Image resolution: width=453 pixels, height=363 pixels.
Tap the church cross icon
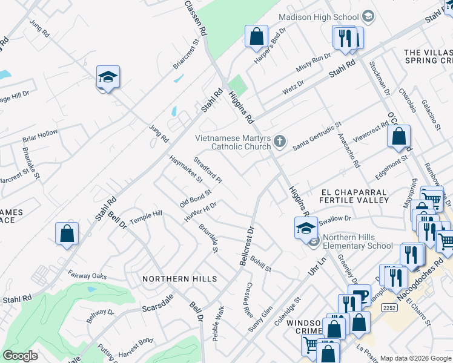pyautogui.click(x=279, y=142)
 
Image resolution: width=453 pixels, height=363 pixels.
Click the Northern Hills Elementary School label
pyautogui.click(x=357, y=241)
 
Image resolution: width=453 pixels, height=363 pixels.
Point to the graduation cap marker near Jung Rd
pyautogui.click(x=108, y=77)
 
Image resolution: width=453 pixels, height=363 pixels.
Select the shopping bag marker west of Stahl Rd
pyautogui.click(x=67, y=234)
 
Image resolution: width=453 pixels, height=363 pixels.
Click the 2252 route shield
pyautogui.click(x=389, y=308)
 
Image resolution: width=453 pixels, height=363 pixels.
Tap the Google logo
pyautogui.click(x=21, y=356)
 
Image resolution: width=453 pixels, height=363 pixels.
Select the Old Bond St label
pyautogui.click(x=195, y=198)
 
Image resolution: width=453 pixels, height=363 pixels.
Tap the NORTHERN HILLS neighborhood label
pyautogui.click(x=179, y=279)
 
